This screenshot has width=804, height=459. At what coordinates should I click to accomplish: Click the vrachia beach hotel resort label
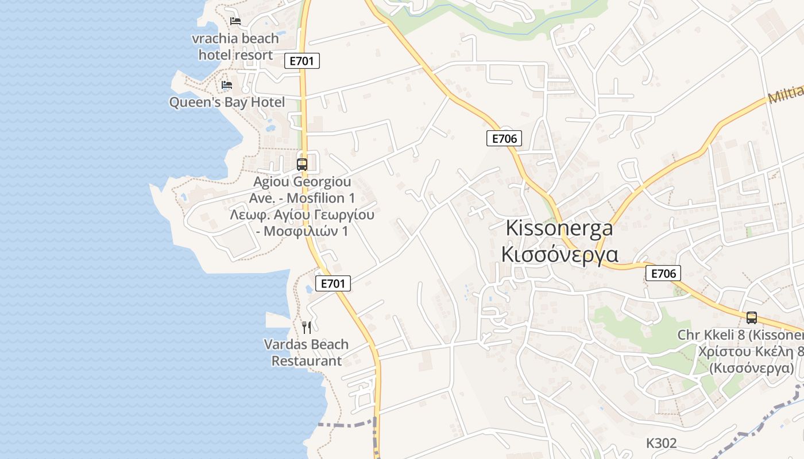click(235, 47)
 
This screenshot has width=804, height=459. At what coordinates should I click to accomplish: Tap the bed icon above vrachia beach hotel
click(235, 21)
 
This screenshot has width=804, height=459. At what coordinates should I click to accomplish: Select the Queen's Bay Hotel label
click(227, 103)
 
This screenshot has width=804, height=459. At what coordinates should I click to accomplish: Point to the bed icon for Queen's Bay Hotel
click(227, 85)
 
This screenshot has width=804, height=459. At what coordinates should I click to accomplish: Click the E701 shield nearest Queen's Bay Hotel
click(302, 61)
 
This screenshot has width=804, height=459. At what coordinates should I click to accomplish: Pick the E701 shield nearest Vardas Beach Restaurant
click(333, 283)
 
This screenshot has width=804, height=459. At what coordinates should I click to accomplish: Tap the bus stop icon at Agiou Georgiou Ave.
click(302, 165)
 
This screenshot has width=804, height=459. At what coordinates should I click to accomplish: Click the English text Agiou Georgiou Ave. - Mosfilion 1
click(302, 190)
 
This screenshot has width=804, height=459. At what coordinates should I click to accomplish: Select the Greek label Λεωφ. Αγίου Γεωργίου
click(302, 215)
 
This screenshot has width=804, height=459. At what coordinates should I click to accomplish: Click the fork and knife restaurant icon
click(307, 328)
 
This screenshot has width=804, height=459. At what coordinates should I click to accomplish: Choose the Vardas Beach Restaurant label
click(306, 352)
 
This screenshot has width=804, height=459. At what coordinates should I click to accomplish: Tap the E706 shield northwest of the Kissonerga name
click(504, 138)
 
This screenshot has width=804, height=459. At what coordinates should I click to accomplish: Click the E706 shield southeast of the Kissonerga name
click(663, 274)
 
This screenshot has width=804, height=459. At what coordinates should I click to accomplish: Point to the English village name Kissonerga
click(559, 228)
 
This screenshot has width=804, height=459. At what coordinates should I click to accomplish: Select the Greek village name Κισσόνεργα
click(559, 254)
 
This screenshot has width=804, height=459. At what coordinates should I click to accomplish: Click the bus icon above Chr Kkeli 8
click(752, 317)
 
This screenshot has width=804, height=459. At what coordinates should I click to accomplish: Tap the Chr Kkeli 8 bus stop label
click(740, 334)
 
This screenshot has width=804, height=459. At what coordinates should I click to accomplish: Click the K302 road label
click(662, 443)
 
